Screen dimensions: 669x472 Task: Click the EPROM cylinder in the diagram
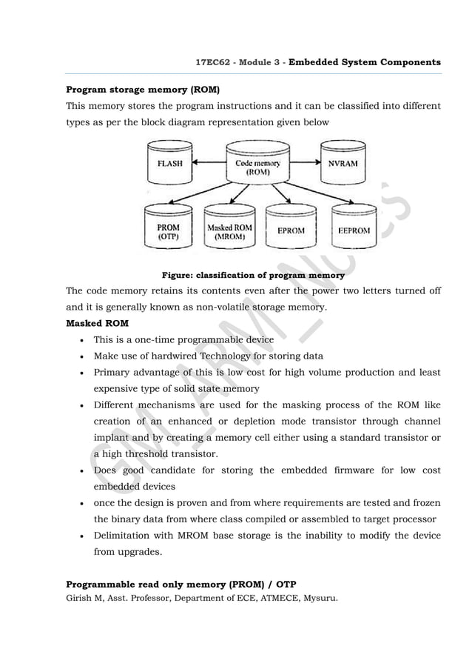pyautogui.click(x=291, y=230)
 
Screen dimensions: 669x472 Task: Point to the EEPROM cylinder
pyautogui.click(x=354, y=230)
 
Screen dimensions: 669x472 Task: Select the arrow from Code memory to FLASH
pyautogui.click(x=209, y=162)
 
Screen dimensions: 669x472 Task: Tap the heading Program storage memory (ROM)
pyautogui.click(x=143, y=90)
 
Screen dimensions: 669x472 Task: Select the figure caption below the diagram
pyautogui.click(x=253, y=275)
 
